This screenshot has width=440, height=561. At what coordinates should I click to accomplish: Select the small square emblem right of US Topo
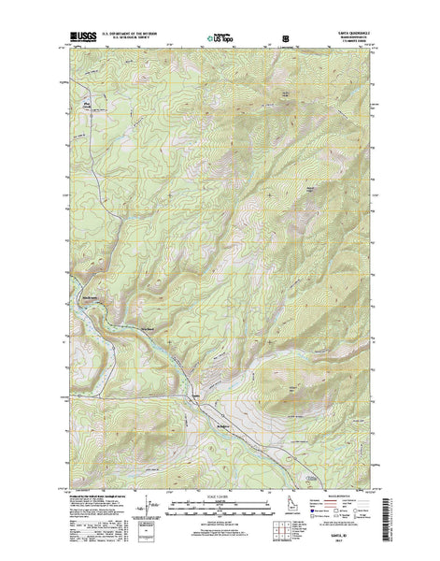(x=284, y=40)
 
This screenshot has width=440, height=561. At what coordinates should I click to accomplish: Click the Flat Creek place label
(x=90, y=104)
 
